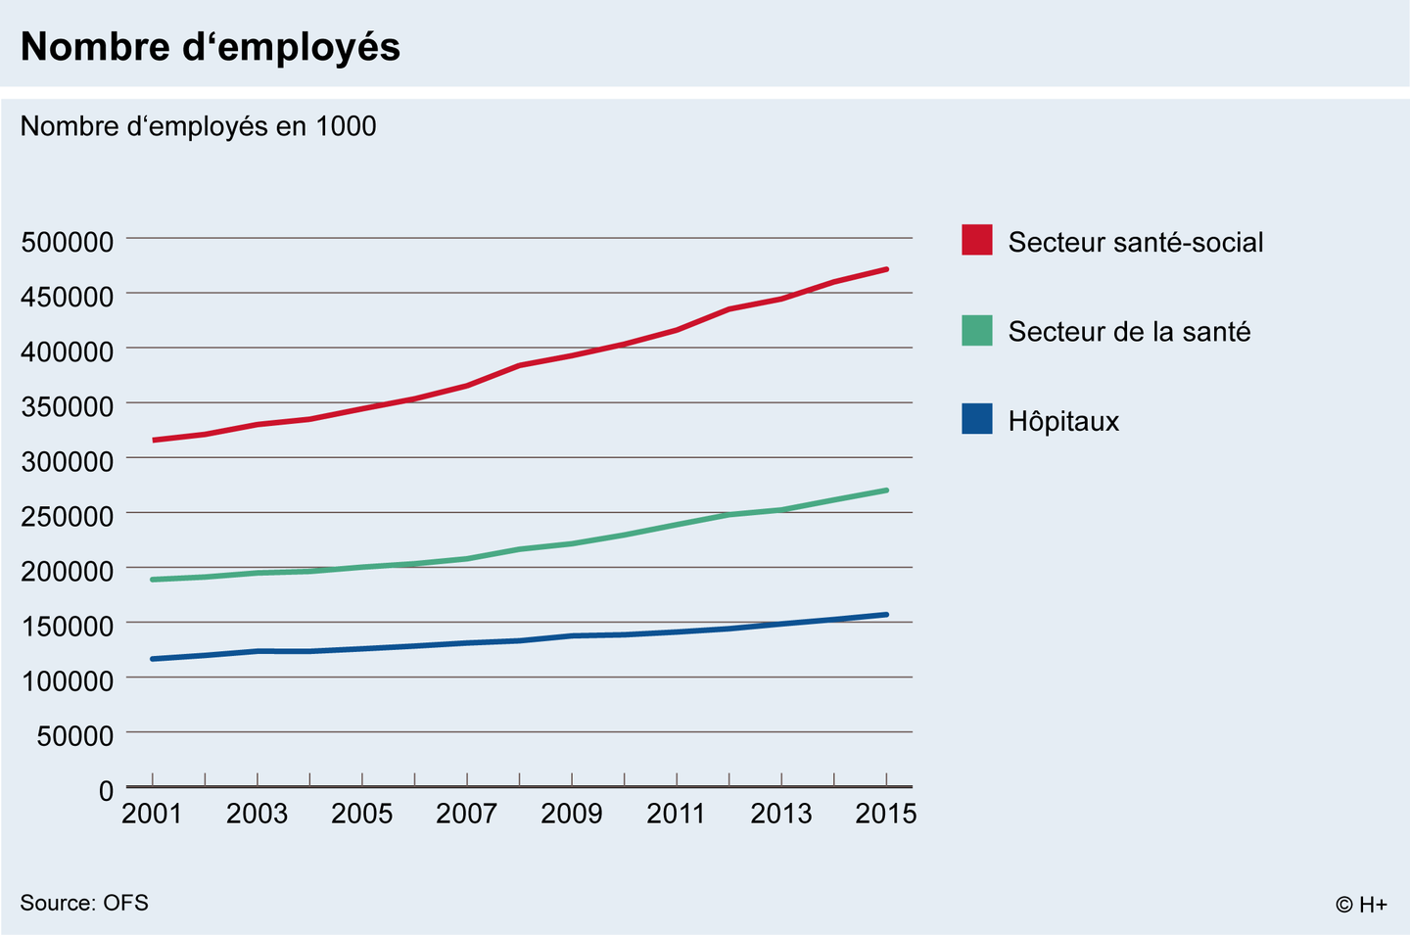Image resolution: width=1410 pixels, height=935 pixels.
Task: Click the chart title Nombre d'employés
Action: click(x=211, y=47)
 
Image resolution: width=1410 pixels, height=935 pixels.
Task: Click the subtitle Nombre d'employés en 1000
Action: click(x=198, y=126)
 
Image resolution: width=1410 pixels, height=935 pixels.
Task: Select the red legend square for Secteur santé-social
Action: click(x=976, y=240)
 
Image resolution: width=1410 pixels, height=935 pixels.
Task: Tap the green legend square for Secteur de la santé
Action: click(x=976, y=331)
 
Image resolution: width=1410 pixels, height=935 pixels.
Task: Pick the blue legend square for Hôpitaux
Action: click(x=976, y=419)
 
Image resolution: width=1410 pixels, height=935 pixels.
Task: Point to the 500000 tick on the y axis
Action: click(x=68, y=242)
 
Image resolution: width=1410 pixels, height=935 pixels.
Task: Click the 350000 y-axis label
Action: click(x=68, y=406)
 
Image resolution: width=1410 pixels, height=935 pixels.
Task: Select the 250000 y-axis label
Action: click(x=68, y=516)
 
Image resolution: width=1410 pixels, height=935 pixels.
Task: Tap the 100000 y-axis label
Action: click(x=68, y=680)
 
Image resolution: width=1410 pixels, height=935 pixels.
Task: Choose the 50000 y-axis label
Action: click(x=75, y=735)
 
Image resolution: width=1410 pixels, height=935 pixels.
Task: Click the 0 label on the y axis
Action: click(x=106, y=791)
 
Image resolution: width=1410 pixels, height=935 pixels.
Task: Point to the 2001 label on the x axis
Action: click(x=152, y=814)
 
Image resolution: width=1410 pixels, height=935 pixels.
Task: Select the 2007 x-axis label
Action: click(x=466, y=814)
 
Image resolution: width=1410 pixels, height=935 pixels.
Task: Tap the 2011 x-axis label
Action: click(x=676, y=814)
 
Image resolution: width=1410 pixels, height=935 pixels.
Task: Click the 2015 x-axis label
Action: click(x=885, y=814)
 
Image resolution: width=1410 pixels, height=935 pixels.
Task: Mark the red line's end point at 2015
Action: click(x=886, y=269)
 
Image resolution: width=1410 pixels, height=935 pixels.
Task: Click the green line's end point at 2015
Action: click(x=886, y=491)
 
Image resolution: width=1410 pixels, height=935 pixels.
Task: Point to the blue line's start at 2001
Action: click(x=153, y=659)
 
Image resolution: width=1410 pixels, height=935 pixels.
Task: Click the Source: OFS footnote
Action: click(x=84, y=903)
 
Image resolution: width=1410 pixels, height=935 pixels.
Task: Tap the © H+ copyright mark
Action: click(x=1361, y=905)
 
